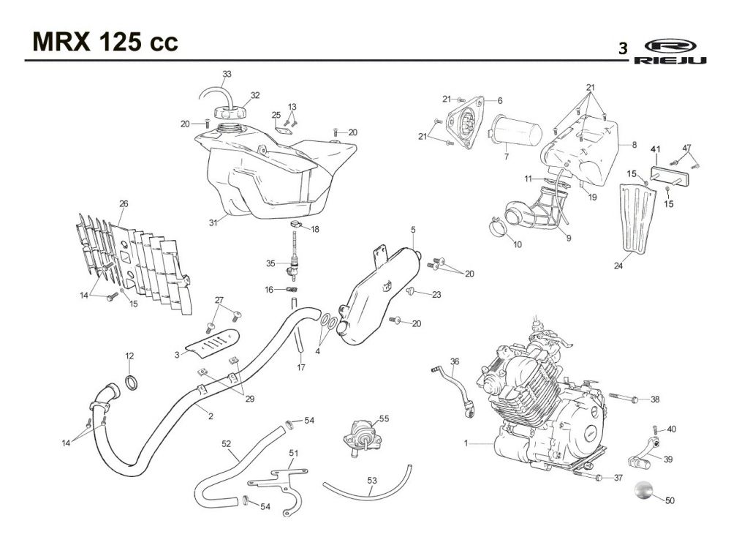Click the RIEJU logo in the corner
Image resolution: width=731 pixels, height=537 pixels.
(670, 51)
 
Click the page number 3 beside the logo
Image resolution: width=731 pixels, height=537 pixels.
(623, 48)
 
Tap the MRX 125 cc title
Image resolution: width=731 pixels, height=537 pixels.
(105, 42)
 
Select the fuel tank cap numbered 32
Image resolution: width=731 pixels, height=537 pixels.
(230, 113)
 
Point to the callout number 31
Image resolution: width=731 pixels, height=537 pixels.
(213, 223)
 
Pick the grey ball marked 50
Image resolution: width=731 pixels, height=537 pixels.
(644, 490)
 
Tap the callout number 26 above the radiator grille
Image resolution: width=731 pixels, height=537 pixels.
(124, 203)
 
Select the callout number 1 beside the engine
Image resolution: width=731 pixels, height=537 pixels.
(466, 443)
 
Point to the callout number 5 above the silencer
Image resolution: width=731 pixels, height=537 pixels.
(413, 230)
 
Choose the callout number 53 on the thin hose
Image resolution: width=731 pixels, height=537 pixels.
(372, 480)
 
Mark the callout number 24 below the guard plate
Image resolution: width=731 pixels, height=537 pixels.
(618, 266)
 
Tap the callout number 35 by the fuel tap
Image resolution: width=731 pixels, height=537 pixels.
(271, 263)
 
